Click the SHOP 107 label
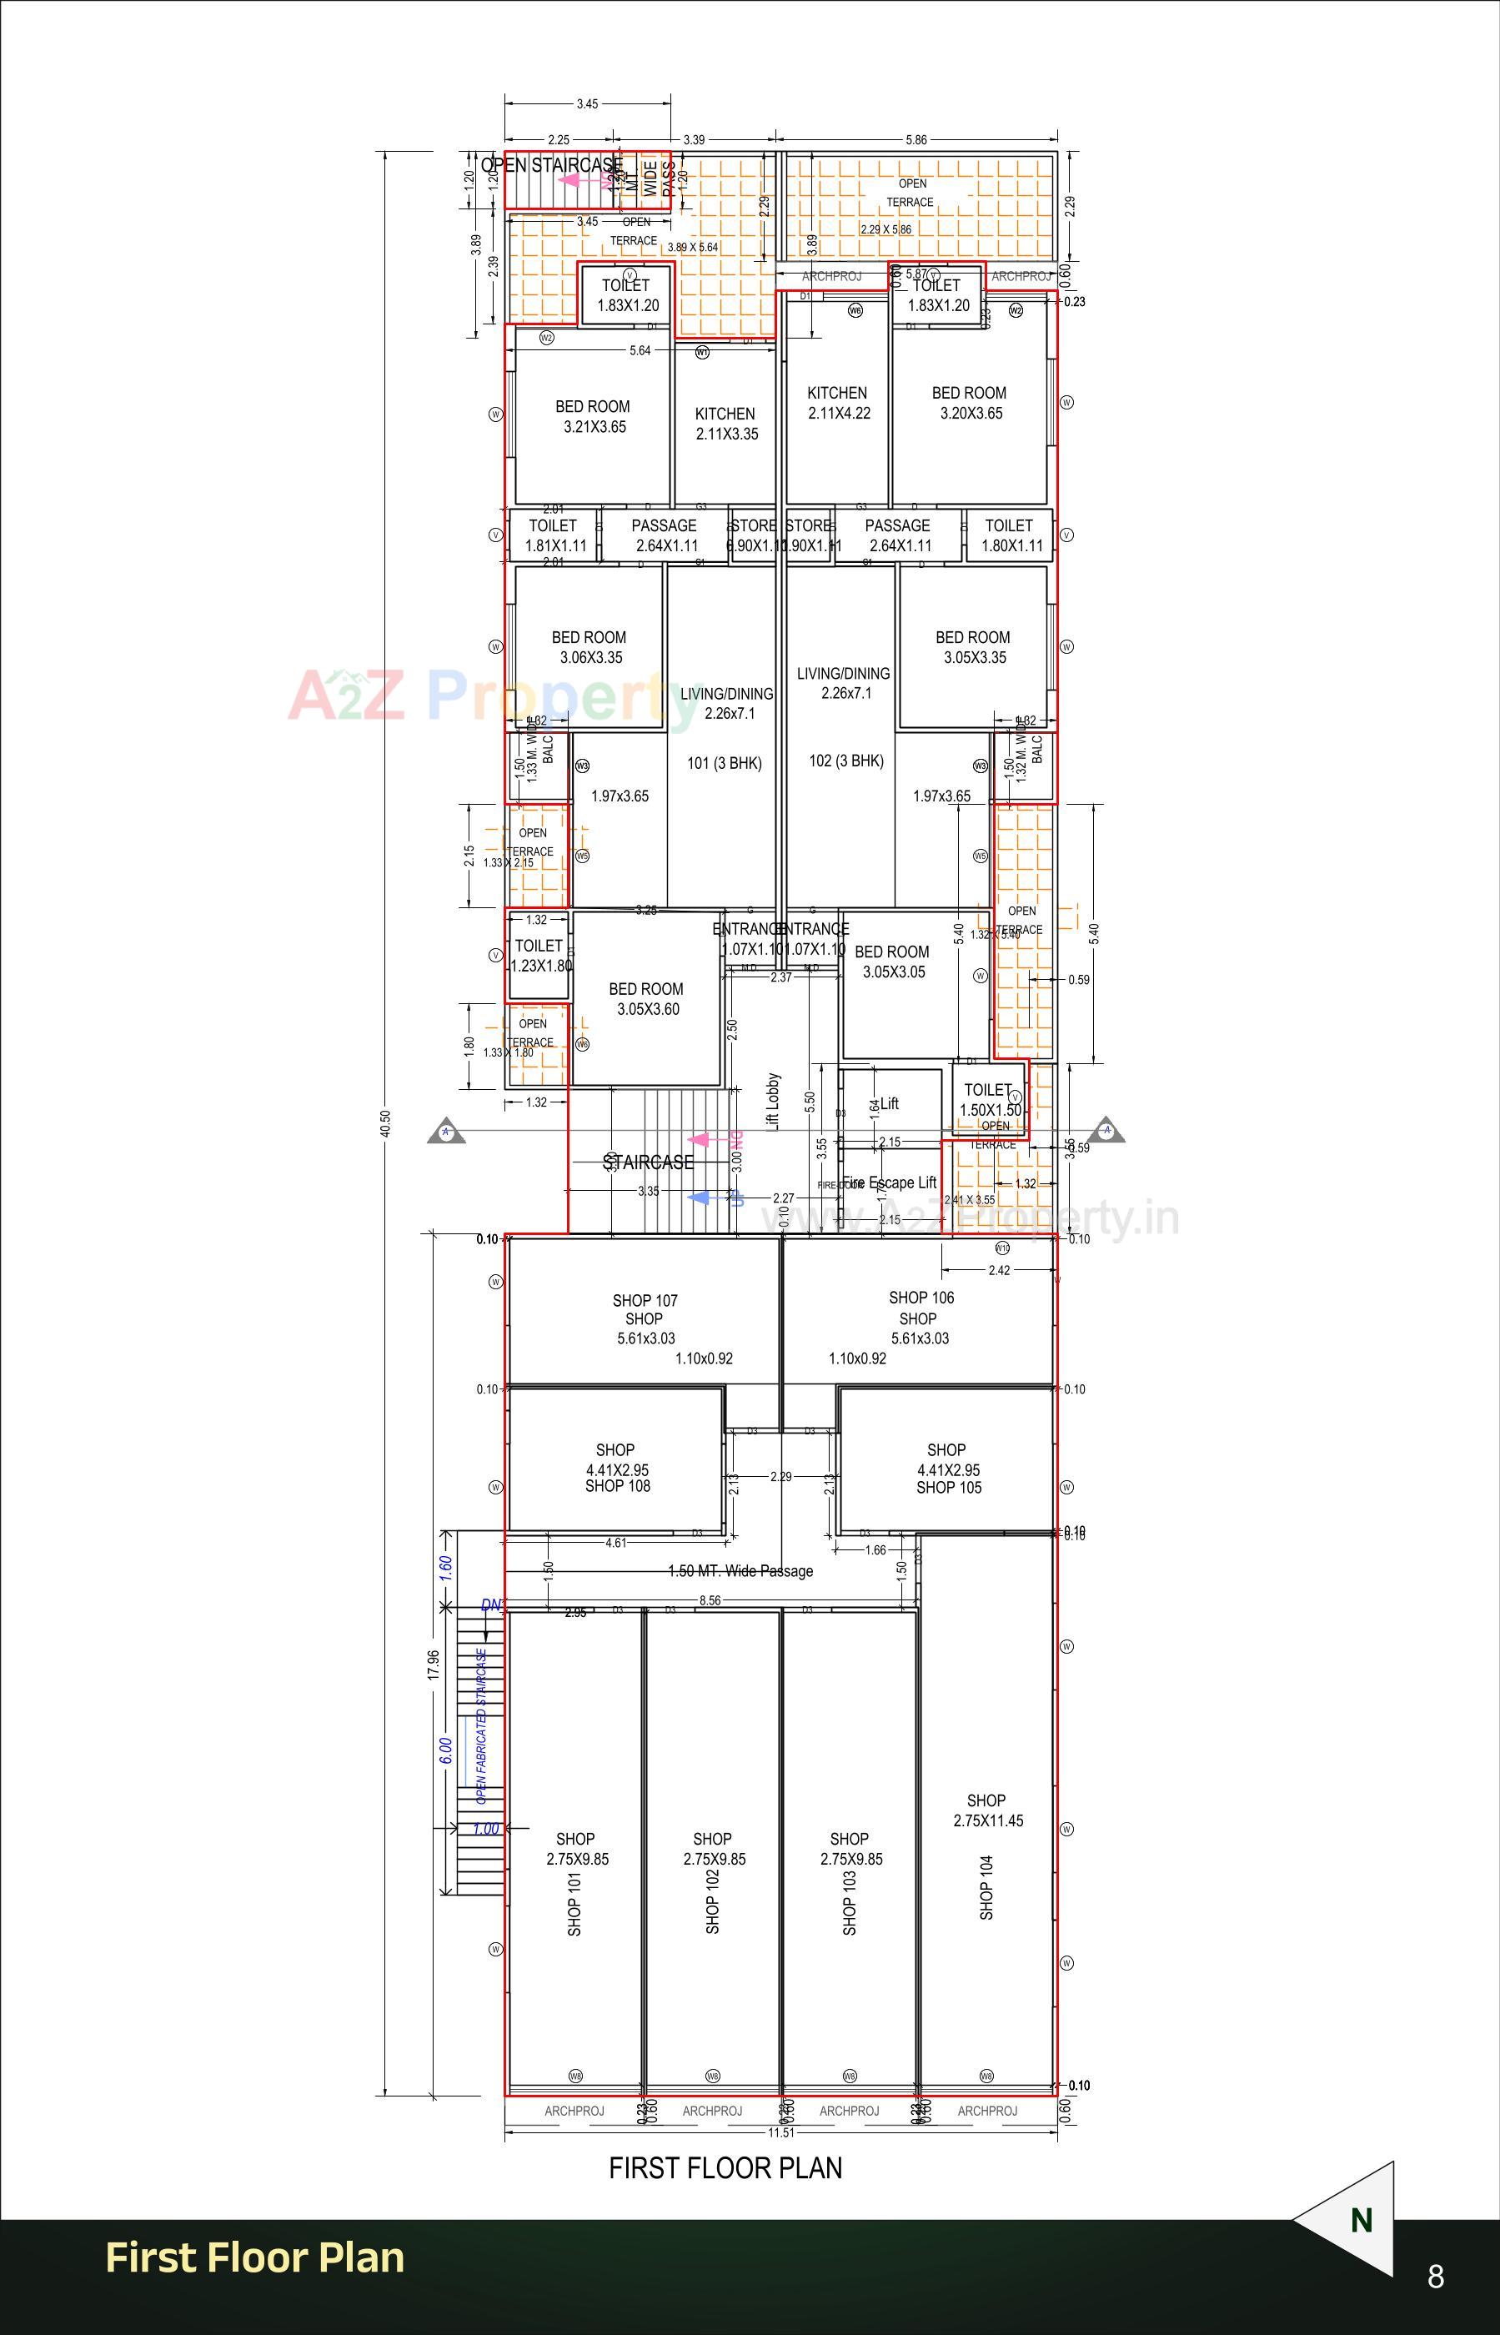645,1300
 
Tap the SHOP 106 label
921,1298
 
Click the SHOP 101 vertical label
574,1904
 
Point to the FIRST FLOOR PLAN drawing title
725,2167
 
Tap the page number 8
1435,2277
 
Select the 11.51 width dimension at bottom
780,2132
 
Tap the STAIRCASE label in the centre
648,1162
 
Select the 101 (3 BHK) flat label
724,763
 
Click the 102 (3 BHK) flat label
845,761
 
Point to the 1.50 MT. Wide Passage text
740,1570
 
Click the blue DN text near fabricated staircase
491,1604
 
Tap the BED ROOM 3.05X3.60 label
647,998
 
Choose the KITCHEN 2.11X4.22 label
838,402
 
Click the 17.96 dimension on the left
434,1664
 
